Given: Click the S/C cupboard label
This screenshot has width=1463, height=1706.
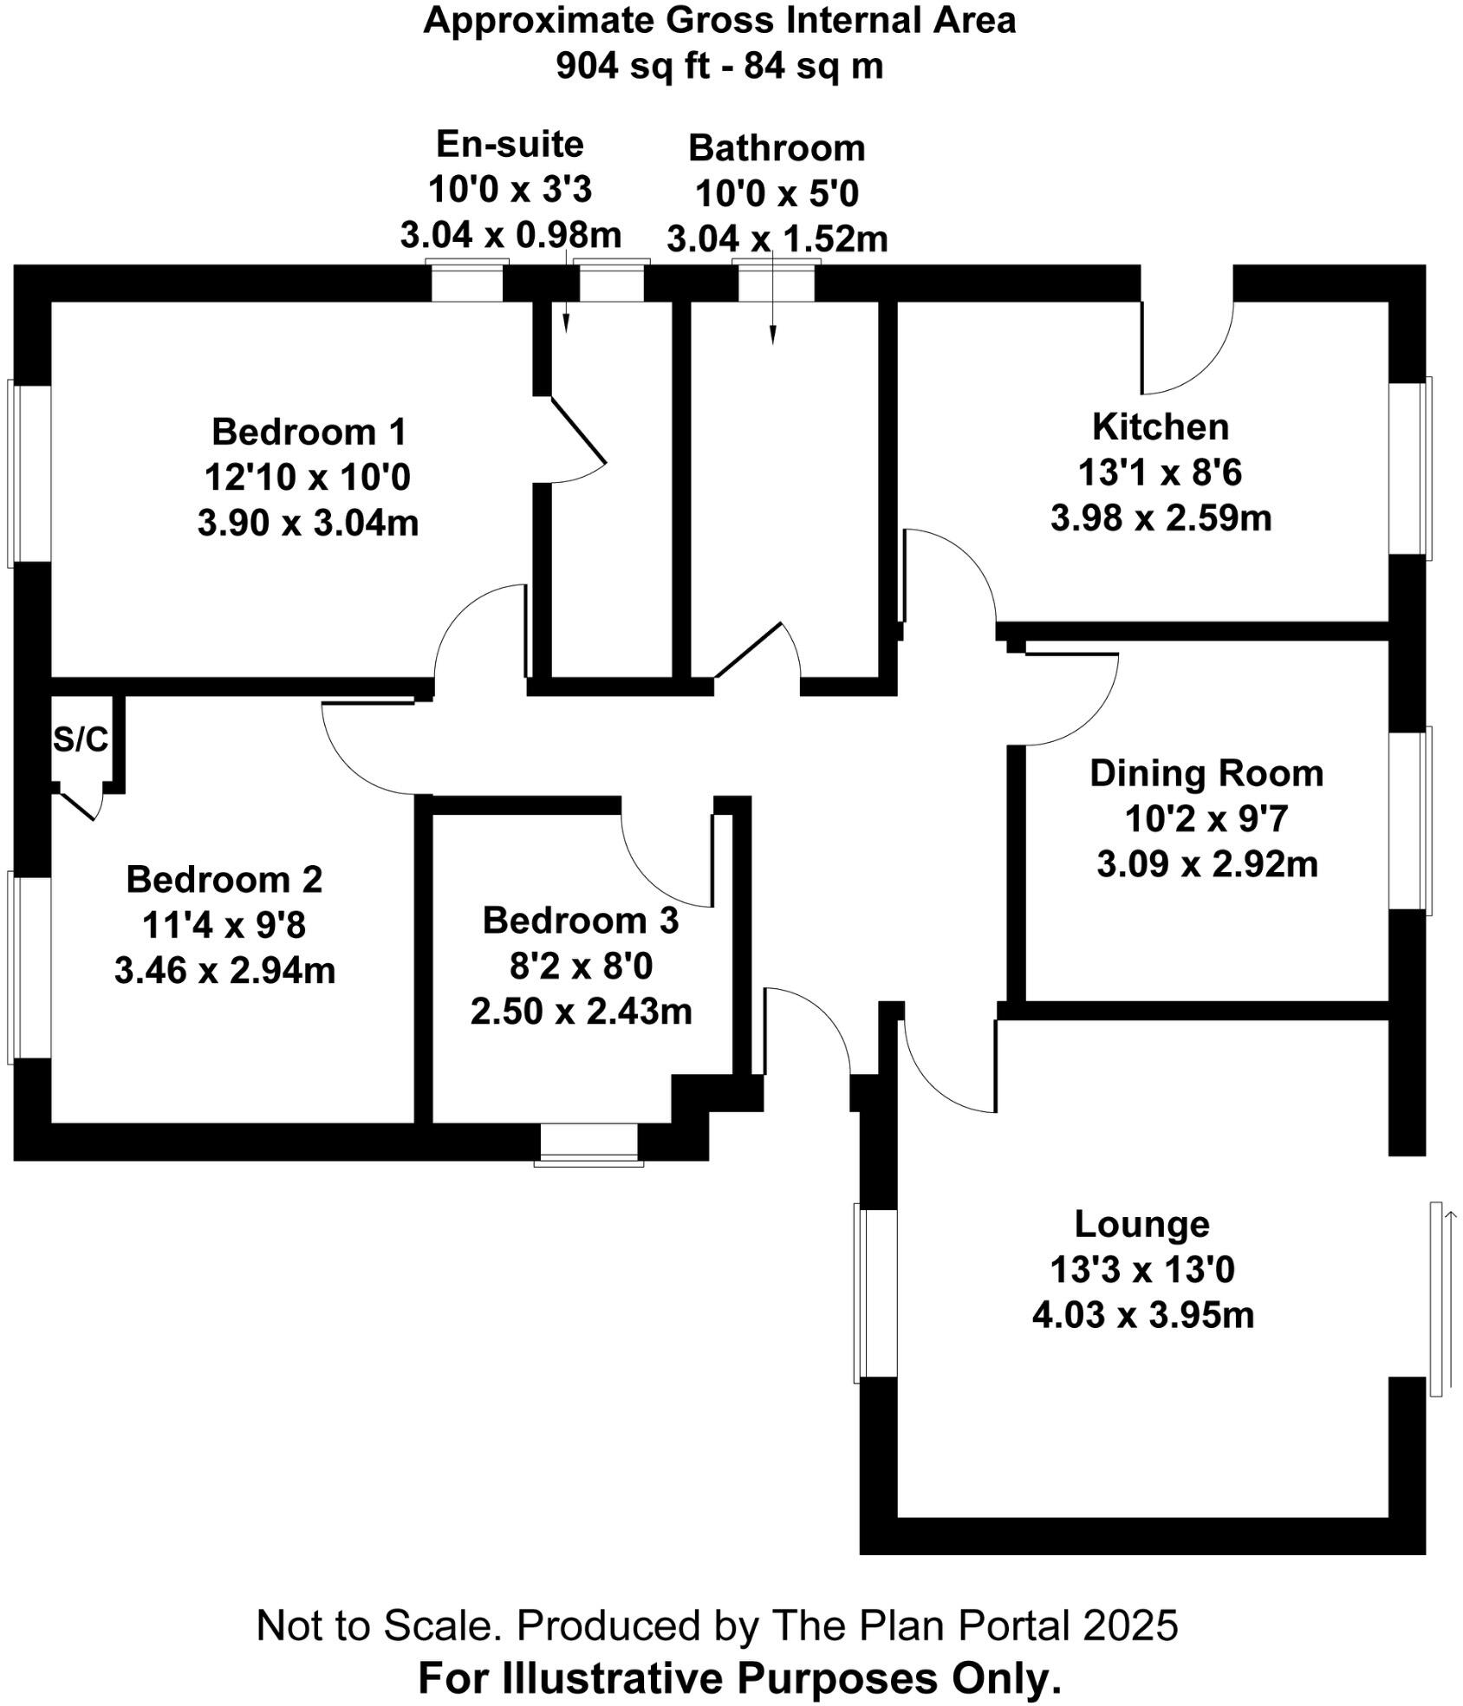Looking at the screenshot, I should pos(81,739).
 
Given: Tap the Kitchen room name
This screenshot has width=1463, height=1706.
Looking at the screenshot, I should pos(1160,427).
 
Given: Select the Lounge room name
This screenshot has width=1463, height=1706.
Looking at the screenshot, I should pos(1141,1223).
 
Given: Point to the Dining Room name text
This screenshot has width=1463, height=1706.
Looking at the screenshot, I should pos(1206,773).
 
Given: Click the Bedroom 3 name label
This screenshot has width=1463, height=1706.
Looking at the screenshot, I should pos(580,921).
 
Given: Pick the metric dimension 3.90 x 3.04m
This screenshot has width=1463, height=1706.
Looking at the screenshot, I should pos(308,523).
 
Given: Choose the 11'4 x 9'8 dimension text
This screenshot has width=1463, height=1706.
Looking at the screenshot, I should pos(224,926).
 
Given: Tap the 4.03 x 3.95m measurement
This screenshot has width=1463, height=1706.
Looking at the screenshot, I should pos(1142,1315).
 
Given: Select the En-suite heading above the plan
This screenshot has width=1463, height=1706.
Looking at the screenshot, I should pos(510,144).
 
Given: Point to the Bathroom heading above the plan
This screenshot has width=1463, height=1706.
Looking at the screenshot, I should pos(777,148).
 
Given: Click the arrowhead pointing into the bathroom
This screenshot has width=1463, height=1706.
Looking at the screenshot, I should pos(773,337).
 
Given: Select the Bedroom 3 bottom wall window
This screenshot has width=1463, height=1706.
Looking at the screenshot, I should pos(588,1145).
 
